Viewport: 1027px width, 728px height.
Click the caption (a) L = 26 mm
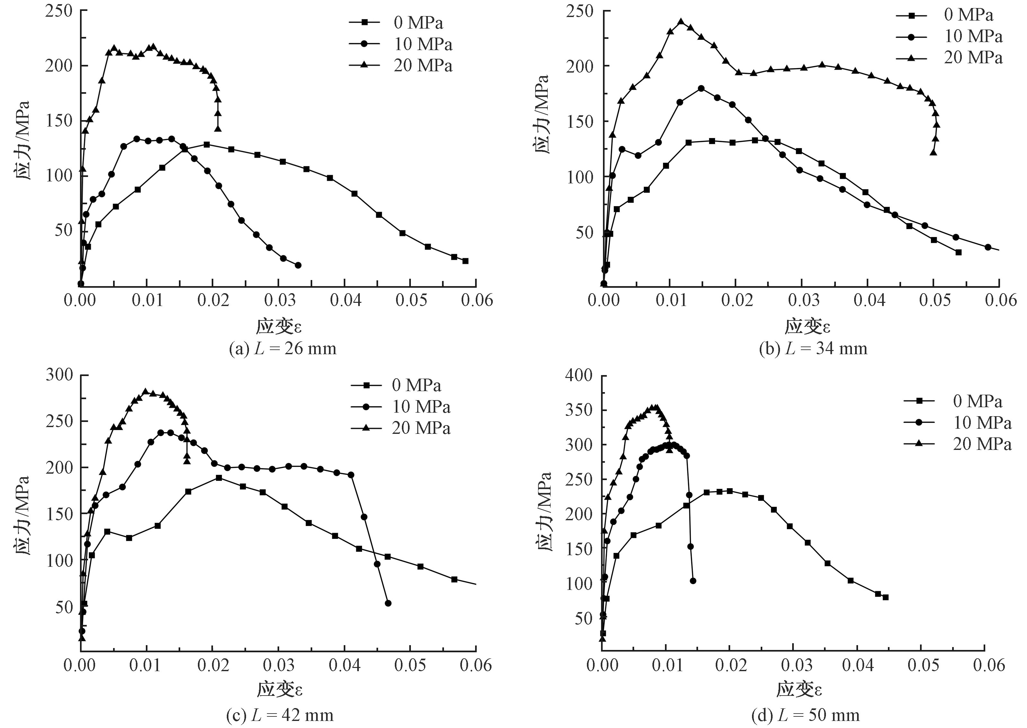point(283,348)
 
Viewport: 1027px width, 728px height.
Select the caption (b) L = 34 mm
point(813,348)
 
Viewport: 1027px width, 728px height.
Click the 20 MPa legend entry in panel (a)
point(401,66)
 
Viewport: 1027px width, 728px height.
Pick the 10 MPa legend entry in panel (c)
point(401,407)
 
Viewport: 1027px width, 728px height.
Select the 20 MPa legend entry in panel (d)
point(958,444)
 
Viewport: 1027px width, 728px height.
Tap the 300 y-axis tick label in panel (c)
point(60,375)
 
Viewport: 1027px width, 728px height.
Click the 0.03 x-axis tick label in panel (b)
point(804,300)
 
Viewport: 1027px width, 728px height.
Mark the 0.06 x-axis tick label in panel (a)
point(476,300)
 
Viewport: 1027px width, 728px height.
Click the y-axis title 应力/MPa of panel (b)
point(542,114)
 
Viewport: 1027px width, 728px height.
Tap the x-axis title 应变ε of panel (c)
point(280,689)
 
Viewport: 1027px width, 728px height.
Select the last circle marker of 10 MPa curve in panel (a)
point(298,265)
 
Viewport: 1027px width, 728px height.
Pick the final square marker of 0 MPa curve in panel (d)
point(885,597)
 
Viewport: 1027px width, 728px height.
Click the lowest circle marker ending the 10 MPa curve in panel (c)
point(388,603)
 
